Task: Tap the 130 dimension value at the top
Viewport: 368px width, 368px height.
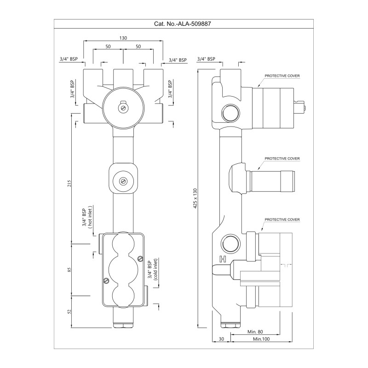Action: pyautogui.click(x=123, y=38)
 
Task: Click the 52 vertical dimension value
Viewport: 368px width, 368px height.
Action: pyautogui.click(x=69, y=311)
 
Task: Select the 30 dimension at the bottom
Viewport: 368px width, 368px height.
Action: pyautogui.click(x=221, y=339)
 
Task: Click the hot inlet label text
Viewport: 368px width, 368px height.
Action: pyautogui.click(x=90, y=216)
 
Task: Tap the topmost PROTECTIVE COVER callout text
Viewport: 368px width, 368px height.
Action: pyautogui.click(x=282, y=75)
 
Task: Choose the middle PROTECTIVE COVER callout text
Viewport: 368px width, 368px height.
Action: pyautogui.click(x=282, y=158)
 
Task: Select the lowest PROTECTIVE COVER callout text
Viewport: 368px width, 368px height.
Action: pyautogui.click(x=282, y=220)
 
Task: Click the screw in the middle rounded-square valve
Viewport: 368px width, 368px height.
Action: pyautogui.click(x=123, y=181)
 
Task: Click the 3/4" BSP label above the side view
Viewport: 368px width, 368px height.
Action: pyautogui.click(x=206, y=59)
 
